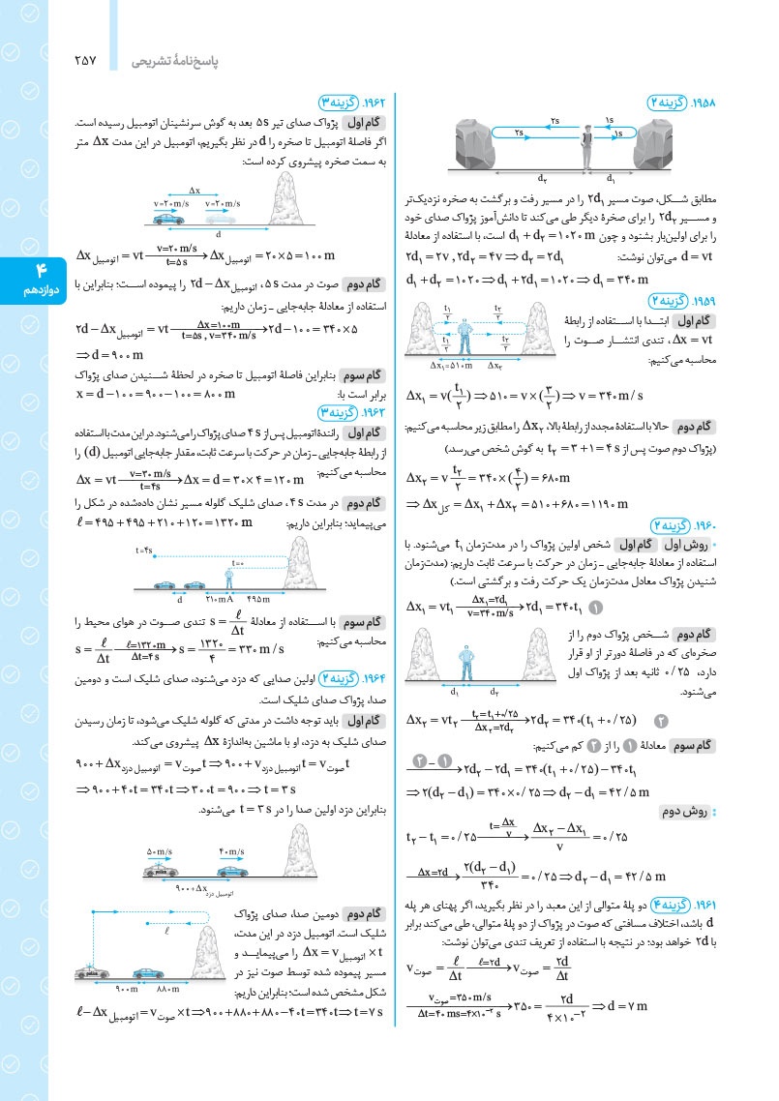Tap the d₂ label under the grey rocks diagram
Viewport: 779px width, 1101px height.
(541, 178)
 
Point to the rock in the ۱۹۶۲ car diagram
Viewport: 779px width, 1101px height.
(289, 204)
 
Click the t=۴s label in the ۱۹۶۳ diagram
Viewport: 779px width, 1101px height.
(148, 549)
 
